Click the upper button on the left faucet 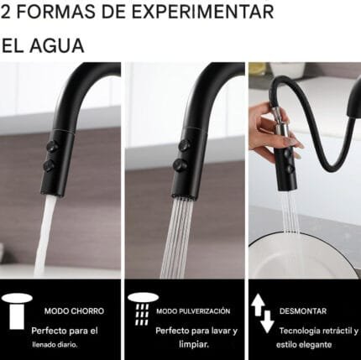coord(53,146)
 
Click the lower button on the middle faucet coord(179,165)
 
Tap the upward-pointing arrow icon coord(259,303)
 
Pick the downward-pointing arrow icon coord(267,321)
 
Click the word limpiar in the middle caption coord(191,344)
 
